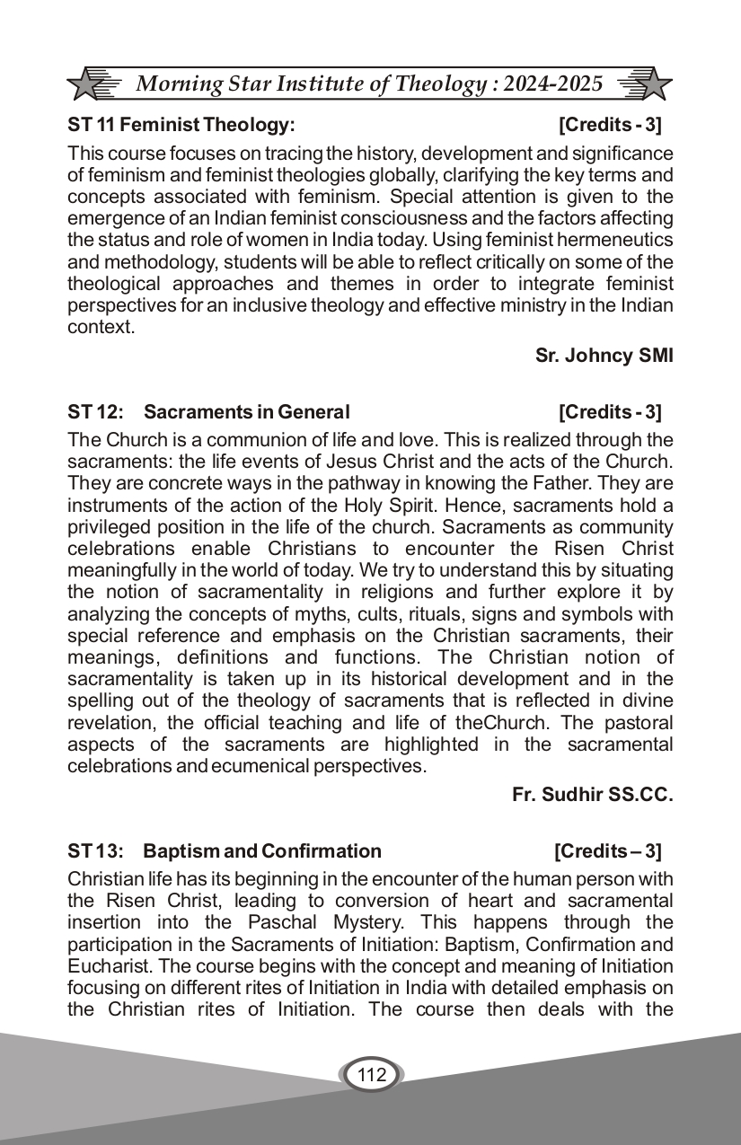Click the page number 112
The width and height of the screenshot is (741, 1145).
pyautogui.click(x=371, y=1075)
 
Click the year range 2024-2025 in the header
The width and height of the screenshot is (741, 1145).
pyautogui.click(x=552, y=84)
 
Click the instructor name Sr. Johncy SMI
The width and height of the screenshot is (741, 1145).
pyautogui.click(x=604, y=355)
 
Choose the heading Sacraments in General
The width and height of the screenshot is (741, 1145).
pyautogui.click(x=246, y=412)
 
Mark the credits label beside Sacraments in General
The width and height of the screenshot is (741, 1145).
pyautogui.click(x=609, y=412)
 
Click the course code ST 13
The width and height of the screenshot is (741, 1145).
pyautogui.click(x=93, y=850)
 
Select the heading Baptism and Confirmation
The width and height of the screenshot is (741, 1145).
pyautogui.click(x=262, y=850)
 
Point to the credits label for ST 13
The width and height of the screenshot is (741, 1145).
pyautogui.click(x=607, y=850)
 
